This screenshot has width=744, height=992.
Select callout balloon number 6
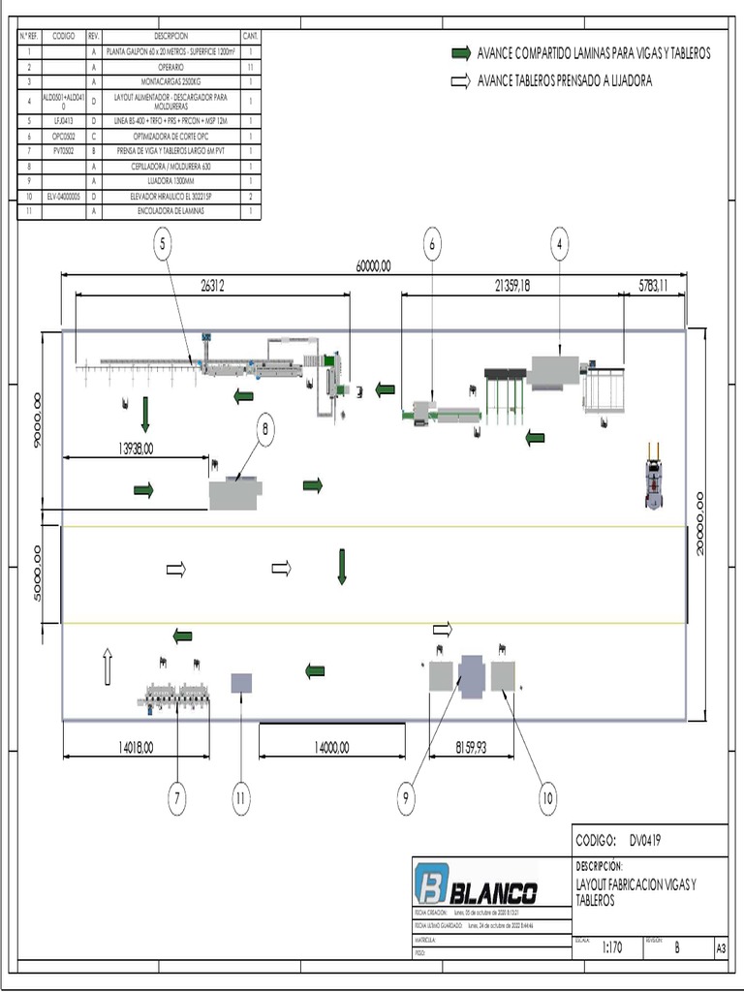432,246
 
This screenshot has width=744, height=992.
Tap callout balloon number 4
561,246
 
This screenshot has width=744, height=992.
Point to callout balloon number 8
265,428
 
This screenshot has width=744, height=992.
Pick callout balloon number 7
176,798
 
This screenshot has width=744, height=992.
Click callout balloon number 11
241,798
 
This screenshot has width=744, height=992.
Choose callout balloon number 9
407,798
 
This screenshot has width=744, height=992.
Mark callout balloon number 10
548,798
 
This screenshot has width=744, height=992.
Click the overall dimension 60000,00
373,265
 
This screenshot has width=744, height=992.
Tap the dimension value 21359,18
512,285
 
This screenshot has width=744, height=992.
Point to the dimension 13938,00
136,449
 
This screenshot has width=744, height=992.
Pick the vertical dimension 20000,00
699,523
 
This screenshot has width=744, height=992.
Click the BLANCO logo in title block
476,883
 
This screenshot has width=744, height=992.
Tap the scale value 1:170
611,947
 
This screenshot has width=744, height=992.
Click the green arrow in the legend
461,53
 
